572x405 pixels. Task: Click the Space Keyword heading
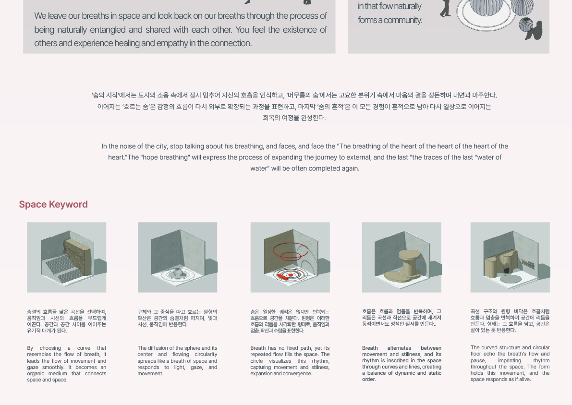(53, 204)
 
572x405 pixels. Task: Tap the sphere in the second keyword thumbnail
(177, 272)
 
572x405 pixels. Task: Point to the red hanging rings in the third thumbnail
(291, 251)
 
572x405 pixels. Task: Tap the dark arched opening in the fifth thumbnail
(507, 270)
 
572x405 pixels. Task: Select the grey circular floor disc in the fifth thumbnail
(511, 280)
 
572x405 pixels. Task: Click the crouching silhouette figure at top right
(534, 31)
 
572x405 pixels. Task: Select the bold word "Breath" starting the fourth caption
(370, 348)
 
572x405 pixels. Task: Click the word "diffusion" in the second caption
(159, 348)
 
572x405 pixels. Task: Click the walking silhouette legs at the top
(445, 8)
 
